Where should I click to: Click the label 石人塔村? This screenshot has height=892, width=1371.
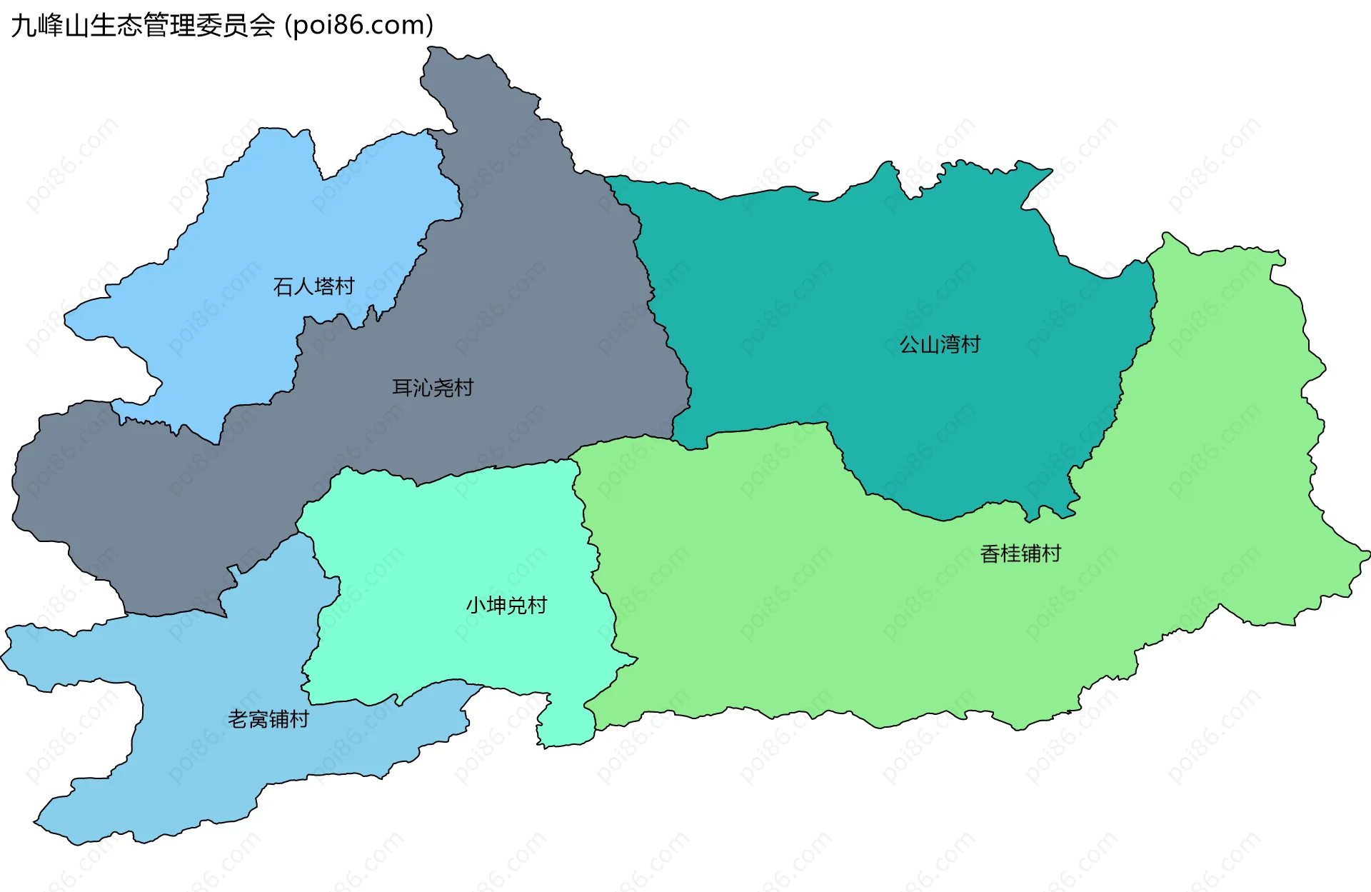tap(313, 286)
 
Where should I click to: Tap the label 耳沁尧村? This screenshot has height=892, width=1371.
tap(433, 388)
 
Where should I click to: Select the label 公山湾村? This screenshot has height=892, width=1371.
tap(940, 345)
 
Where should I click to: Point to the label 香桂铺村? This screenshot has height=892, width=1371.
tap(1020, 553)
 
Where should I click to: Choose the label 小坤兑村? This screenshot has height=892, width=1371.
tap(506, 606)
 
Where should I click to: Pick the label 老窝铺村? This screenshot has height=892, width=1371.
tap(268, 719)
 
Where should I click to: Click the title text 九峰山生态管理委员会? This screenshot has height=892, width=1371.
tap(143, 26)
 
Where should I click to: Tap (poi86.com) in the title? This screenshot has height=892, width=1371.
tap(359, 26)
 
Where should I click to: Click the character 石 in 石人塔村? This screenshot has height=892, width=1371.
tap(283, 286)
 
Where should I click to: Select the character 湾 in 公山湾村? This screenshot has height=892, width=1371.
tap(950, 345)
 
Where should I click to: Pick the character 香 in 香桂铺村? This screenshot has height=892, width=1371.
tap(990, 553)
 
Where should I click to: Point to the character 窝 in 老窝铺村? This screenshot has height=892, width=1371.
tap(258, 719)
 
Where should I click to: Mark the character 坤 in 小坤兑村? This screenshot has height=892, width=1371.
tap(496, 606)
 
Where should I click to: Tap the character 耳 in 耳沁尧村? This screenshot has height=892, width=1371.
tap(403, 388)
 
